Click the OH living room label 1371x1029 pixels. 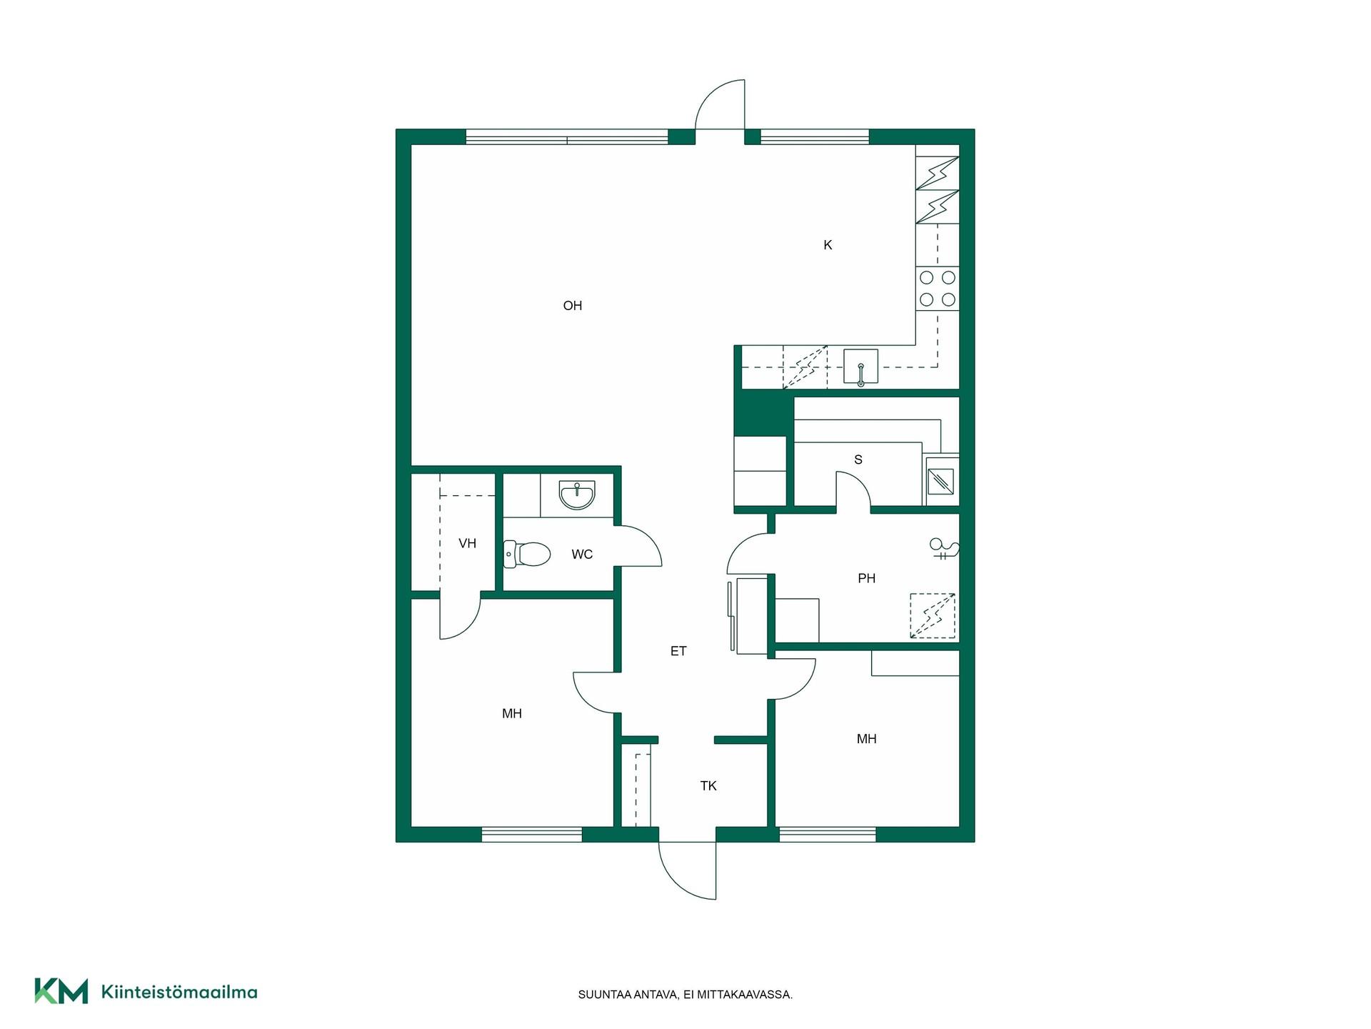572,306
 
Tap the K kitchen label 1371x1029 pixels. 828,245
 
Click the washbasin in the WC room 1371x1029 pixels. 577,494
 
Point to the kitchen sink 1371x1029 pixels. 860,367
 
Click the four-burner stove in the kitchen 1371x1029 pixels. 938,288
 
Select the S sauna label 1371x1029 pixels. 858,460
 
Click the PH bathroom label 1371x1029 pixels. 866,579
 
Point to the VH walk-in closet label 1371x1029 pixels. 467,544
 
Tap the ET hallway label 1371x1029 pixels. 678,651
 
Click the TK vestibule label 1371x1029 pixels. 708,786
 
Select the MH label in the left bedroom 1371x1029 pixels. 512,714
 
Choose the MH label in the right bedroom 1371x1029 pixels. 866,740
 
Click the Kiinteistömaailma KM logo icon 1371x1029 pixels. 61,991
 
